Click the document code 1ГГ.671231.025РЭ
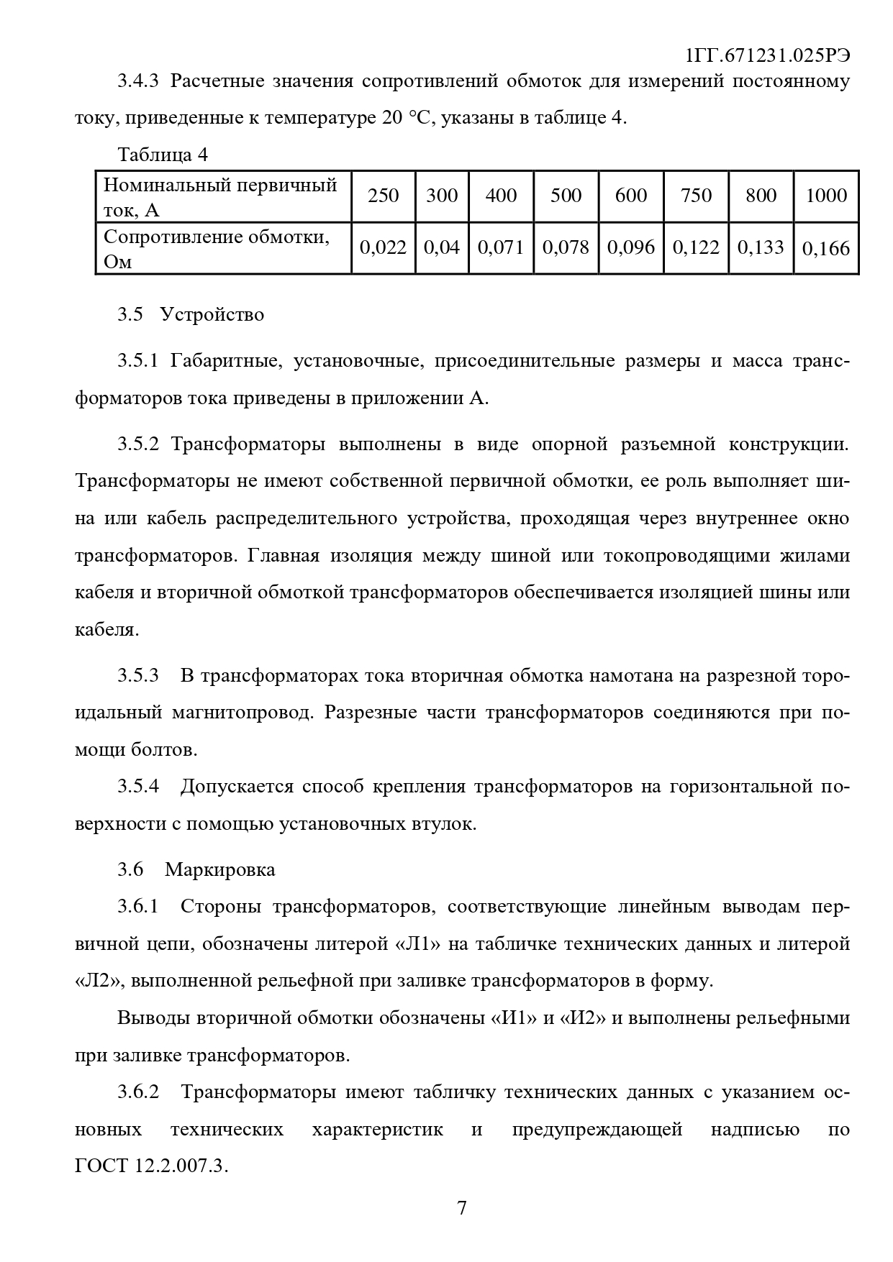pyautogui.click(x=768, y=56)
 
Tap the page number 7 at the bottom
pyautogui.click(x=462, y=1207)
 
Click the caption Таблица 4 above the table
pyautogui.click(x=163, y=155)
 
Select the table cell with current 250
pyautogui.click(x=383, y=196)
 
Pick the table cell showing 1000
pyautogui.click(x=826, y=196)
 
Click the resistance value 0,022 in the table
pyautogui.click(x=383, y=248)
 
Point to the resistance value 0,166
pyautogui.click(x=826, y=249)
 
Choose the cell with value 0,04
pyautogui.click(x=442, y=248)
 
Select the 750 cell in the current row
pyautogui.click(x=696, y=196)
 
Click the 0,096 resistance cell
pyautogui.click(x=631, y=248)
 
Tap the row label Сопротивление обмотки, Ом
pyautogui.click(x=216, y=249)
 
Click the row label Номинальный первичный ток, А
pyautogui.click(x=220, y=196)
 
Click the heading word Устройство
pyautogui.click(x=212, y=314)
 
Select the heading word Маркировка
pyautogui.click(x=220, y=869)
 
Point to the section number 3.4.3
pyautogui.click(x=138, y=81)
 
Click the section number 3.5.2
pyautogui.click(x=138, y=444)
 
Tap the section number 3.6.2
pyautogui.click(x=138, y=1092)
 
